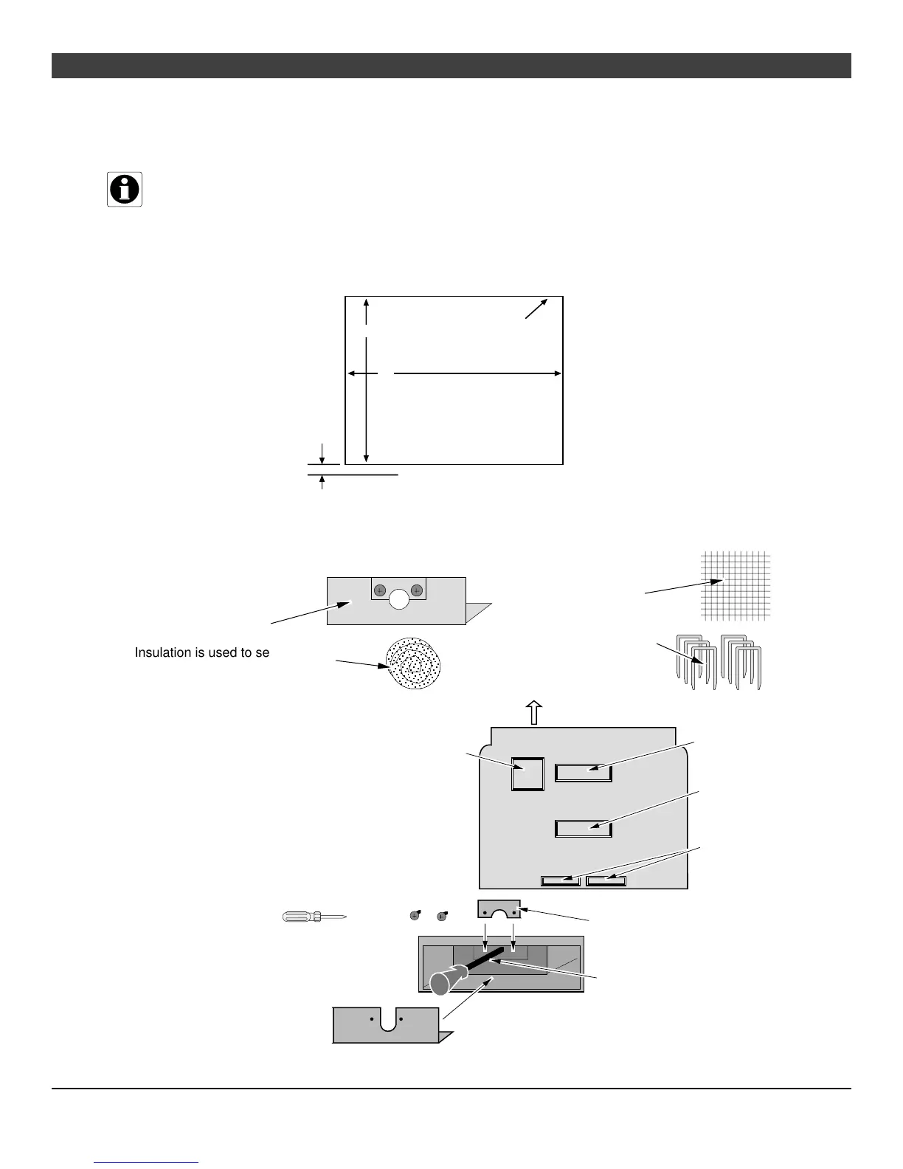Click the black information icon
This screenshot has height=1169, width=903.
point(125,190)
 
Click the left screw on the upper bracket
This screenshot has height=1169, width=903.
point(380,590)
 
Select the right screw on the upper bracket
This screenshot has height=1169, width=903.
point(417,590)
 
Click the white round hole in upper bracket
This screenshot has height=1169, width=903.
point(399,599)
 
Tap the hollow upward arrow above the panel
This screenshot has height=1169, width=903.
point(533,713)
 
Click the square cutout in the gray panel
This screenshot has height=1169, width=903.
point(527,774)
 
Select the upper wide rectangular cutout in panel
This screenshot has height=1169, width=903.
point(584,772)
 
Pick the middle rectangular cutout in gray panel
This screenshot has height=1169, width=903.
point(584,828)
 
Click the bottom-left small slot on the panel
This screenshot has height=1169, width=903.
point(561,880)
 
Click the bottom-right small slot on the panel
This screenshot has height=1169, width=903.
point(606,880)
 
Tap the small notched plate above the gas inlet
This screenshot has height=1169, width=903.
point(499,909)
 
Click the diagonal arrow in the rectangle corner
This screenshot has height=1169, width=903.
point(537,308)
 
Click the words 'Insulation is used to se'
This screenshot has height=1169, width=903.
point(202,652)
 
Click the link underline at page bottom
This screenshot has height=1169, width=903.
point(147,1162)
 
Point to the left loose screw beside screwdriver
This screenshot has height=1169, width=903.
point(415,917)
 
